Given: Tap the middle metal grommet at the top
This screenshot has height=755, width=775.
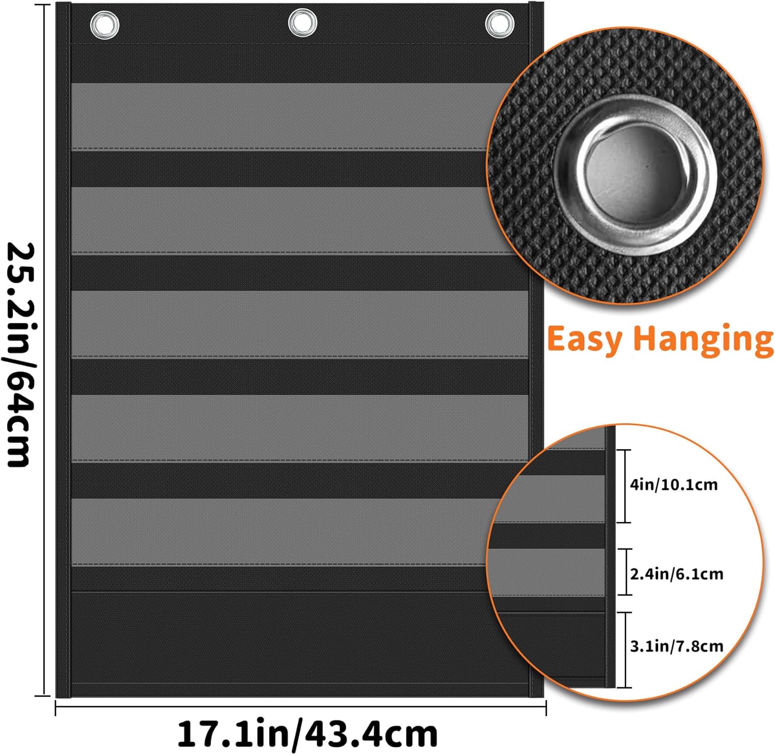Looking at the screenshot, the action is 302,23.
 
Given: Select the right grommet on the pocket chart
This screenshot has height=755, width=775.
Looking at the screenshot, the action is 499,24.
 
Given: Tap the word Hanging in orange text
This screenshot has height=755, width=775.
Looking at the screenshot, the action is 703,340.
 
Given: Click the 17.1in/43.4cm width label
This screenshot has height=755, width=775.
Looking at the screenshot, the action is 307,734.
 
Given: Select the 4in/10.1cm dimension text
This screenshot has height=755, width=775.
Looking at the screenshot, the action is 674,485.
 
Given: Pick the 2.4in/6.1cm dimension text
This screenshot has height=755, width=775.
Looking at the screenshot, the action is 676,574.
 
